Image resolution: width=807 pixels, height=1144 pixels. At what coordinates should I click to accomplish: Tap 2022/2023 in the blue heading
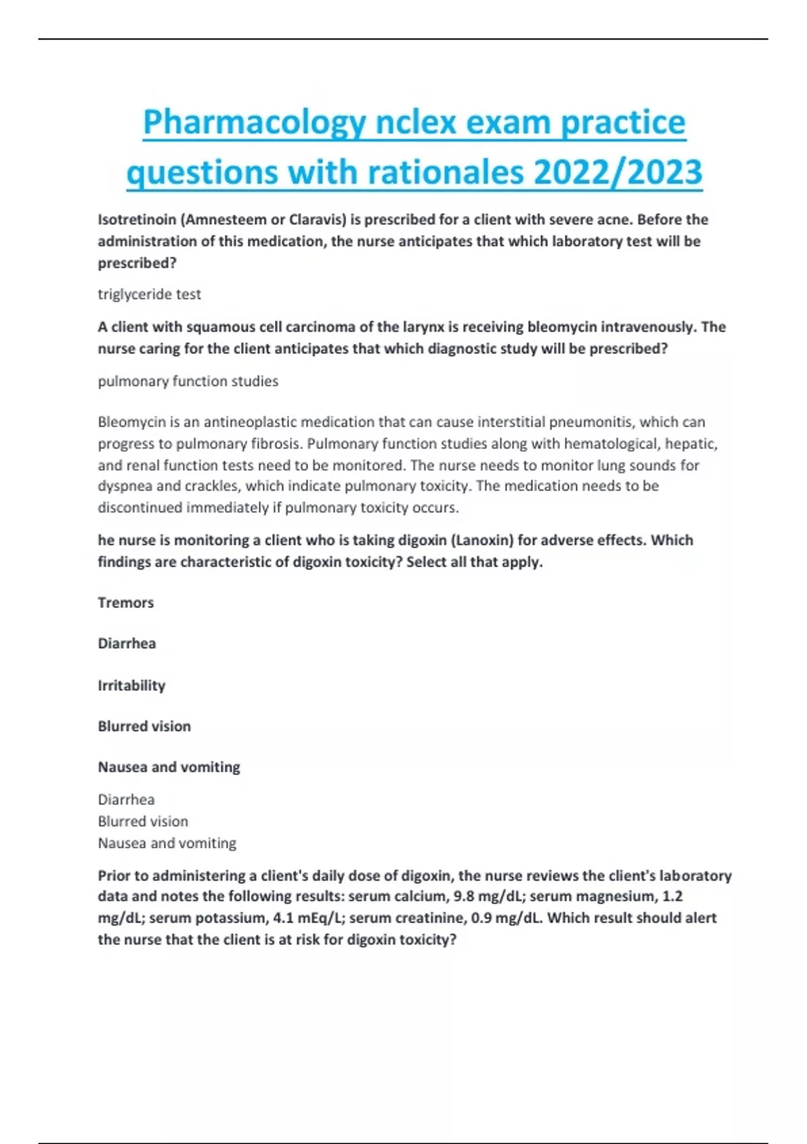point(617,172)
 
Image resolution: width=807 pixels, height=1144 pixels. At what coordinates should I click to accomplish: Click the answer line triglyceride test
point(149,294)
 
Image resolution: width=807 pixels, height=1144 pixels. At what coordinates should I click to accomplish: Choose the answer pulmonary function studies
point(188,381)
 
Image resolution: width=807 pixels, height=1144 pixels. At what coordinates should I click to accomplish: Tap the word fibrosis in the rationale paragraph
point(273,443)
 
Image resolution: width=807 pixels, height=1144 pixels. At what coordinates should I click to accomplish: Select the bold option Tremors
point(126,602)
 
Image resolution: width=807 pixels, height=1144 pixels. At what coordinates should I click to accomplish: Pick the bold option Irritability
point(131,685)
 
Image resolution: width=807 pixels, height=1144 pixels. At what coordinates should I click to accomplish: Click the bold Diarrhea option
point(126,643)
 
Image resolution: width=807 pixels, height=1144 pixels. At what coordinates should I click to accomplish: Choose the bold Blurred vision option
point(144,726)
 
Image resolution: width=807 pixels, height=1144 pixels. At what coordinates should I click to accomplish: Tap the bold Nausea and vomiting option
point(169,767)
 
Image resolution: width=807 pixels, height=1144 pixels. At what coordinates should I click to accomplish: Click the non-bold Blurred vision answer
point(143,821)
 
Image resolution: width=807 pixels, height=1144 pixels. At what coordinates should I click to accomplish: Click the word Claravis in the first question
point(317,219)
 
